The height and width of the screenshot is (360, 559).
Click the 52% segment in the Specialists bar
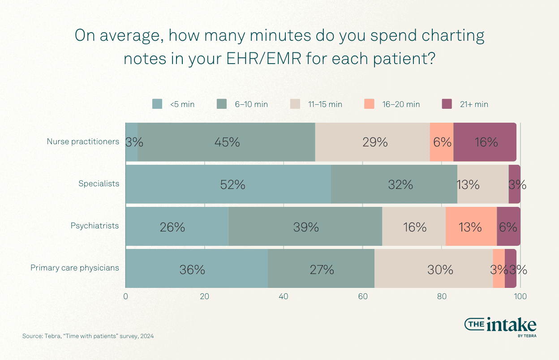(228, 184)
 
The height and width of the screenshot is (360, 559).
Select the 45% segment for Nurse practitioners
(226, 142)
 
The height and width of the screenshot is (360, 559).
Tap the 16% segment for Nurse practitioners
(485, 142)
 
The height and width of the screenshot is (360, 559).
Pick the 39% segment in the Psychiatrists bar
(305, 227)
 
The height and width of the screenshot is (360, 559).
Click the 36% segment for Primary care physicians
(197, 269)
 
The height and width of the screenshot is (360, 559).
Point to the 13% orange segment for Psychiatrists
(471, 227)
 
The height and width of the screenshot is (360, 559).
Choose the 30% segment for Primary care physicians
(434, 269)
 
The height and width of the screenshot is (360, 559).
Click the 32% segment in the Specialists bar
(394, 184)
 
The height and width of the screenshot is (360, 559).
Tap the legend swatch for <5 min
(157, 104)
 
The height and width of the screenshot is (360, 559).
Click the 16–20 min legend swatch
(368, 104)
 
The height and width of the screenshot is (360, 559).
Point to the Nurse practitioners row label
(83, 141)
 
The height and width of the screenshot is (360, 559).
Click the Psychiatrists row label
(95, 226)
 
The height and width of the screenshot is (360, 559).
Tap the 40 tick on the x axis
(284, 296)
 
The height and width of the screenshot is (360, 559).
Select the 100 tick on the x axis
(520, 296)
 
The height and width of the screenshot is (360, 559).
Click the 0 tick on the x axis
(126, 296)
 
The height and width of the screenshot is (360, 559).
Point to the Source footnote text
(88, 336)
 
